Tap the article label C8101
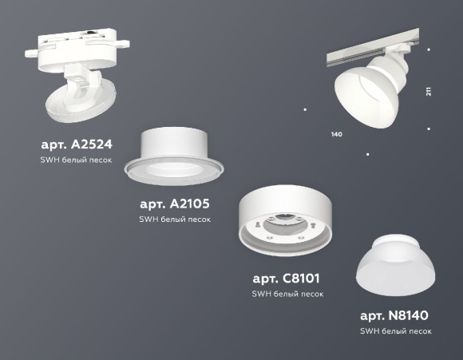tap(287, 279)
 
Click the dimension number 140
tap(336, 134)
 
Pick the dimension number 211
tap(429, 91)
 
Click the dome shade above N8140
tap(395, 270)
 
